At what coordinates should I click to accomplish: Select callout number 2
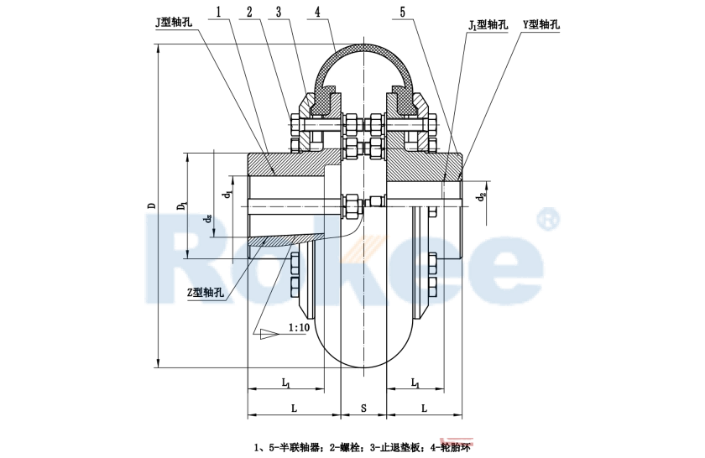(x=249, y=13)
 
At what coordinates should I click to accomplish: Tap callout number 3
(x=279, y=13)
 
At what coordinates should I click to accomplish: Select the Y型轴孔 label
(x=541, y=25)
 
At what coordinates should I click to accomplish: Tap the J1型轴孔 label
(x=488, y=25)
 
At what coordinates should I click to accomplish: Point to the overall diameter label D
(x=151, y=205)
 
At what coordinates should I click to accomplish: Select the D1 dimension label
(x=181, y=206)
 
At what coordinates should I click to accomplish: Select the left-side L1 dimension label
(x=285, y=383)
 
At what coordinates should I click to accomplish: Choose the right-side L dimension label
(x=424, y=408)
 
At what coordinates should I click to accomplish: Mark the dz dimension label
(x=207, y=218)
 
